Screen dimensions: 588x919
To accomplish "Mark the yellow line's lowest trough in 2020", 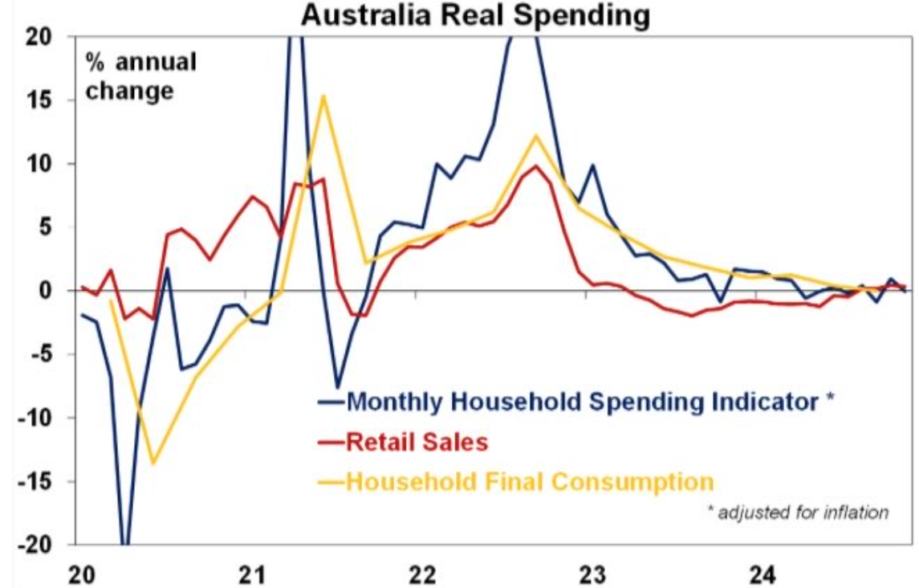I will pyautogui.click(x=152, y=463).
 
